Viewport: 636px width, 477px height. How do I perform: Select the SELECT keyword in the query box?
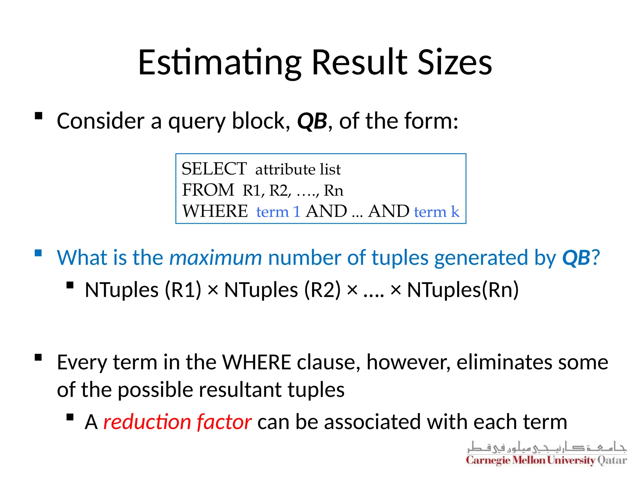pyautogui.click(x=214, y=169)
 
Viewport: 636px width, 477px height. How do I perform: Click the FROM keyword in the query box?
pyautogui.click(x=208, y=190)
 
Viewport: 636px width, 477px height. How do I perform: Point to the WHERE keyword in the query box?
pyautogui.click(x=215, y=211)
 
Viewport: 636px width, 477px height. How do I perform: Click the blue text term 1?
pyautogui.click(x=278, y=212)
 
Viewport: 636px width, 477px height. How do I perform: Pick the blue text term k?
pyautogui.click(x=436, y=212)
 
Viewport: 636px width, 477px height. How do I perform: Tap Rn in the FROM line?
pyautogui.click(x=334, y=190)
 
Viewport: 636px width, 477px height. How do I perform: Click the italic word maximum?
pyautogui.click(x=216, y=258)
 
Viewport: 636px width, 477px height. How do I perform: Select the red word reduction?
pyautogui.click(x=147, y=422)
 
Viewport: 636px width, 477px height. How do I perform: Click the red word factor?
pyautogui.click(x=224, y=422)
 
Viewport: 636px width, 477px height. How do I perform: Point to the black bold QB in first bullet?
pyautogui.click(x=312, y=121)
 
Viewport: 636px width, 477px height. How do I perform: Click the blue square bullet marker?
pyautogui.click(x=38, y=253)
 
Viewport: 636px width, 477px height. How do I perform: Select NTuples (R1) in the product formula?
pyautogui.click(x=143, y=290)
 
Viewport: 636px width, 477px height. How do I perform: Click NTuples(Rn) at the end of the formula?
pyautogui.click(x=463, y=290)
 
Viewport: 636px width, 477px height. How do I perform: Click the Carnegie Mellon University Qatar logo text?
pyautogui.click(x=546, y=460)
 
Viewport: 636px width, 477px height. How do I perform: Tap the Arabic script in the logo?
pyautogui.click(x=546, y=447)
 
